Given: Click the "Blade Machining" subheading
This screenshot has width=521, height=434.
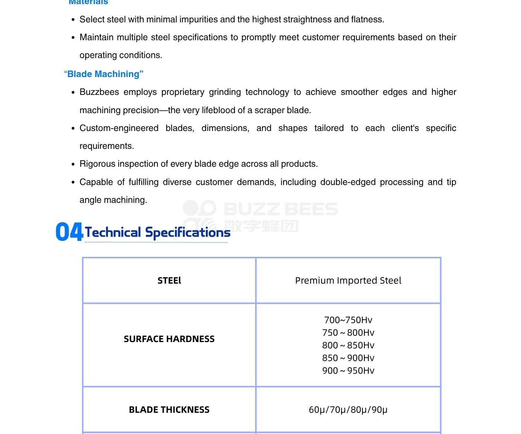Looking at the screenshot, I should click(x=104, y=74).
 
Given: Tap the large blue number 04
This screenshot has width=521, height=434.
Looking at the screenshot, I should click(x=69, y=232).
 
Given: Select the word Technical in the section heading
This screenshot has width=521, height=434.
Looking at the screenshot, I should click(x=113, y=232).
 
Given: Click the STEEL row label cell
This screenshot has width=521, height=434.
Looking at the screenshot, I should click(x=169, y=281).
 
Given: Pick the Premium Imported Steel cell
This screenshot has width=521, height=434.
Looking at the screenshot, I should click(x=348, y=281).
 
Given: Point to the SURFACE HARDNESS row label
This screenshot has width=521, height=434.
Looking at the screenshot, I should click(x=169, y=339).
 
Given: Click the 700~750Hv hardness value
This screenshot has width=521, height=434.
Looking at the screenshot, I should click(x=348, y=320).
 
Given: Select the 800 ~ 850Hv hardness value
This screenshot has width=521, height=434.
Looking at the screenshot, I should click(x=348, y=345).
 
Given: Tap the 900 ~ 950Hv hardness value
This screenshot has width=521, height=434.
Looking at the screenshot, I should click(x=348, y=371).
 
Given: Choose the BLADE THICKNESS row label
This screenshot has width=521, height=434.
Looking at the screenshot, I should click(x=169, y=410).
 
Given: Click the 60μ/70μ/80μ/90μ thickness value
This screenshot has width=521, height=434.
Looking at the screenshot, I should click(x=348, y=410).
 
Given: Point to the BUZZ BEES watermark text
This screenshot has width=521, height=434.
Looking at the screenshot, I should click(x=281, y=209).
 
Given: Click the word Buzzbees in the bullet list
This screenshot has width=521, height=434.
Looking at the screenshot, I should click(x=99, y=92).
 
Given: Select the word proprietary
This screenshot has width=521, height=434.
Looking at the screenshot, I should click(x=183, y=92).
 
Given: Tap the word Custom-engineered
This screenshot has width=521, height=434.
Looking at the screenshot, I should click(x=119, y=128).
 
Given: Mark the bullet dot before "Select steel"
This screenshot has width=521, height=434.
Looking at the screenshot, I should click(x=73, y=20).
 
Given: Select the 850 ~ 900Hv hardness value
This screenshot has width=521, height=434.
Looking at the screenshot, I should click(x=348, y=358).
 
